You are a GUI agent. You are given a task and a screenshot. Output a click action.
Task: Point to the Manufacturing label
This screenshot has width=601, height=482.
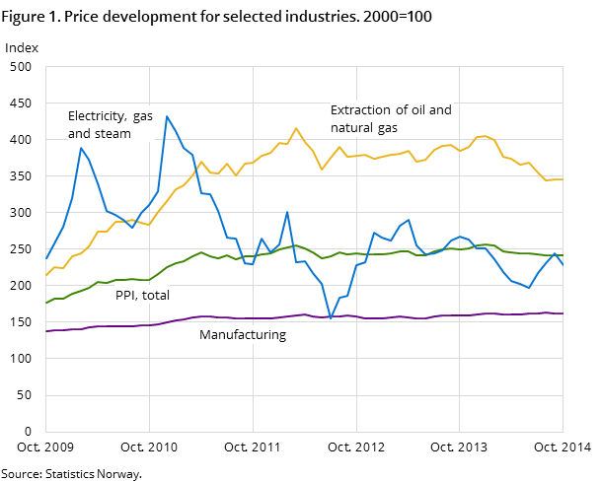tap(243, 335)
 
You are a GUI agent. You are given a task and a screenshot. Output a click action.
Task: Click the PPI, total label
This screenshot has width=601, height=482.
tap(142, 295)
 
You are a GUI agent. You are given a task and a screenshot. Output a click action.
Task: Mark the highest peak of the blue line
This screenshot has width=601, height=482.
tap(167, 116)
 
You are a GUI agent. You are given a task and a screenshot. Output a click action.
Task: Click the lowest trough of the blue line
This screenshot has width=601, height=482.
tap(331, 318)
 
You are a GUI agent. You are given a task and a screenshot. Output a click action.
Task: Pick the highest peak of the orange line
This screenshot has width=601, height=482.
tap(296, 128)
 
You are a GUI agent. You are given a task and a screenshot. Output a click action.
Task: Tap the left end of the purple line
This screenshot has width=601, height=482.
tap(46, 331)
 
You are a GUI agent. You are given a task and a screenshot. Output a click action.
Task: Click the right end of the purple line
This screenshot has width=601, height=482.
tap(563, 313)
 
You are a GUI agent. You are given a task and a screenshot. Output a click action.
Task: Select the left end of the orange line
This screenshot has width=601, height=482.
tap(46, 275)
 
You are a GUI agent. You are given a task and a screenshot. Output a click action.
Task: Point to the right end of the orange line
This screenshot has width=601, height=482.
tap(563, 179)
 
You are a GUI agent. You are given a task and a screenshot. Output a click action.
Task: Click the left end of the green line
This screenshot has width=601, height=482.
tap(46, 303)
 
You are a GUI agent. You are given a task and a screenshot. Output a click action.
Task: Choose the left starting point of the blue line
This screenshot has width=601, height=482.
tap(46, 258)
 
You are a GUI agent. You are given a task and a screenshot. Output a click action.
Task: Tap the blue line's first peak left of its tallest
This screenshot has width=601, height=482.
tap(81, 148)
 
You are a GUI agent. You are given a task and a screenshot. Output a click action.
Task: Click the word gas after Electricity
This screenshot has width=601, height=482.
tap(143, 116)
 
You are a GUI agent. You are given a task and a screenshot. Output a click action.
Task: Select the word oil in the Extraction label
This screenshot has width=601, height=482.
tap(414, 110)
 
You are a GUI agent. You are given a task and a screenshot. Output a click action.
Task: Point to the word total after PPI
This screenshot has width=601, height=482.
tap(155, 295)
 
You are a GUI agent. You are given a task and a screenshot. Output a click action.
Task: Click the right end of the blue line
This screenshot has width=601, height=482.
tap(563, 265)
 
